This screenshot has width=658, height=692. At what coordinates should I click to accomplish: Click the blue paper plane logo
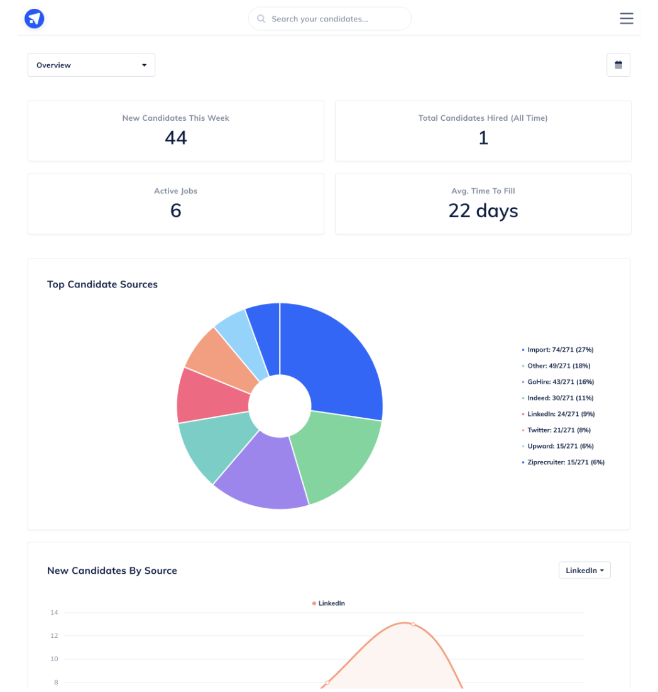pos(35,19)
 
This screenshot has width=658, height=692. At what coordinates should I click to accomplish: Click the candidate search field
pos(330,19)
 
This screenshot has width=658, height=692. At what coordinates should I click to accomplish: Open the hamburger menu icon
pos(626,19)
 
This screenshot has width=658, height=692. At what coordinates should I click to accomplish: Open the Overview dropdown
pos(91,65)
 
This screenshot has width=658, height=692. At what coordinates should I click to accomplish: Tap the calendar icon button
pos(618,65)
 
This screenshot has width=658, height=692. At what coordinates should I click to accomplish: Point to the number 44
pos(175,138)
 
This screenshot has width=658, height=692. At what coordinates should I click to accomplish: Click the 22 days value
pos(483,211)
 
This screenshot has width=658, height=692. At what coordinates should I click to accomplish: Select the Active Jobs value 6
pos(175,211)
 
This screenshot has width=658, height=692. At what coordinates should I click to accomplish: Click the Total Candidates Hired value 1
pos(483,138)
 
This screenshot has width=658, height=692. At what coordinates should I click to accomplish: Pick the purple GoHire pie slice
pos(264,472)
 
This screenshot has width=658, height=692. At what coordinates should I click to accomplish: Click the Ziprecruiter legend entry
pos(562,462)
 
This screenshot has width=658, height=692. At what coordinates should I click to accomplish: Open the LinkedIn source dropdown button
pos(584,571)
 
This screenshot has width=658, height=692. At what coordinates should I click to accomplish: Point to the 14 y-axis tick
pos(54,613)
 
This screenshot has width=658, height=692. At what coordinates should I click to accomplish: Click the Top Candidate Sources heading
pos(102,284)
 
